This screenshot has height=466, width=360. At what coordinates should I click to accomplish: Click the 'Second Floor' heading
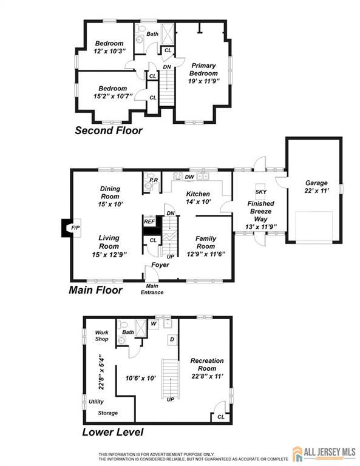108,130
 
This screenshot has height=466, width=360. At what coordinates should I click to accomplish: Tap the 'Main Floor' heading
96,290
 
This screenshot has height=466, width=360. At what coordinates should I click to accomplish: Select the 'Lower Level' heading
112,433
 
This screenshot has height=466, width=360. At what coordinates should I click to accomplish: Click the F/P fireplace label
75,228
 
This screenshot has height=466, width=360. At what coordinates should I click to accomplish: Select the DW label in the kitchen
189,177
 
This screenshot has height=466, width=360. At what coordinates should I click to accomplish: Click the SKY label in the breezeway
261,192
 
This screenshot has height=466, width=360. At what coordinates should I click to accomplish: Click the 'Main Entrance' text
152,289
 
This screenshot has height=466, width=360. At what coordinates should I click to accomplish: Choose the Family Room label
206,243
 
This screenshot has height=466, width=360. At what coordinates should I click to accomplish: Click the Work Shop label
101,335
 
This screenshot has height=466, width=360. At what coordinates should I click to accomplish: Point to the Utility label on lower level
96,402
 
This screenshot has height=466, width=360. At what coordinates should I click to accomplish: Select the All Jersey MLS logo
322,453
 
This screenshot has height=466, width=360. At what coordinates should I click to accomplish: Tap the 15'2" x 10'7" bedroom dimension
112,96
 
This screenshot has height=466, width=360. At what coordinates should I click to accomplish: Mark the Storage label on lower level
108,413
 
